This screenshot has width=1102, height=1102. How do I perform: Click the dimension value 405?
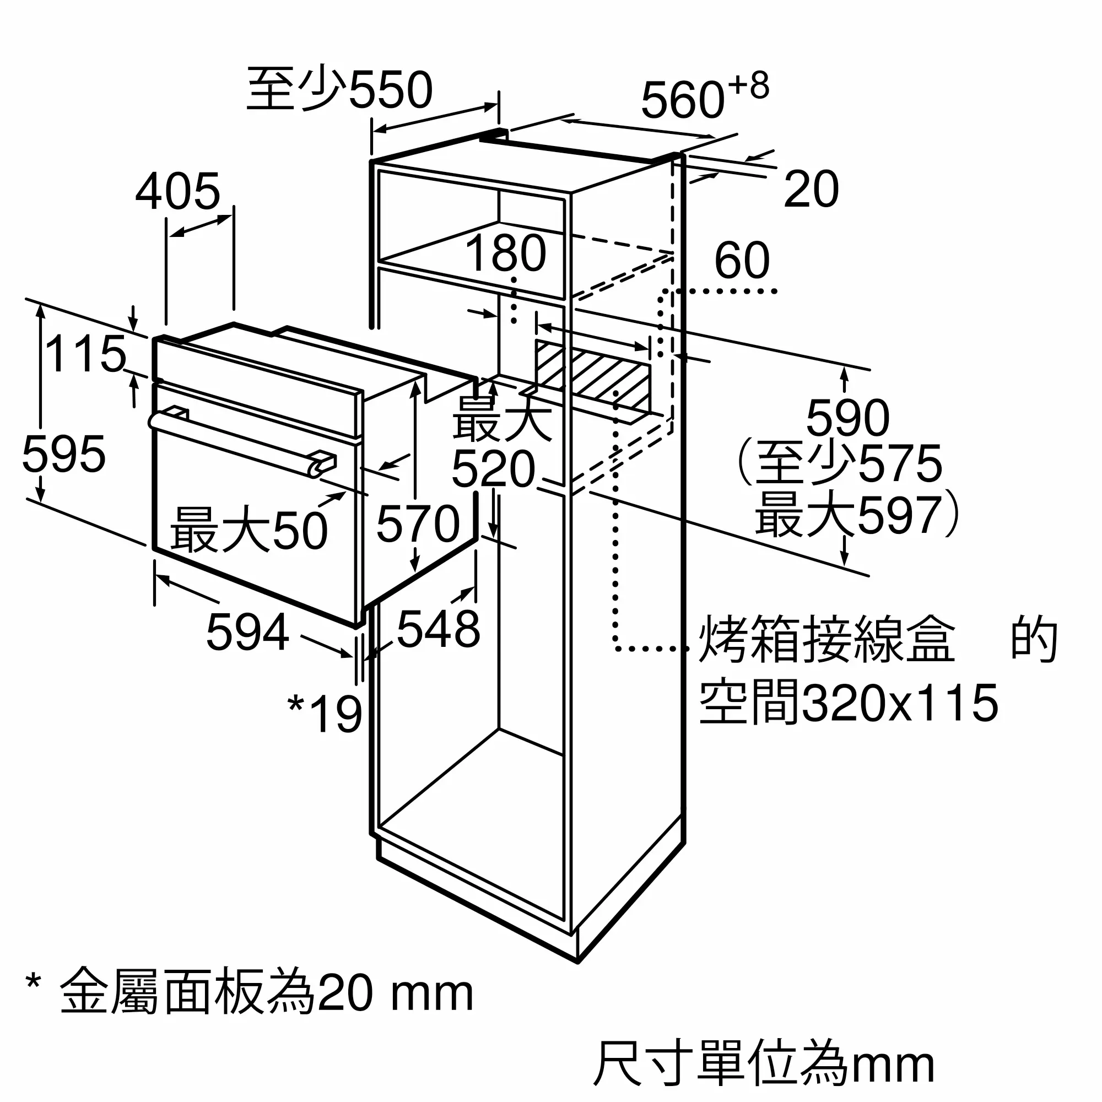(177, 192)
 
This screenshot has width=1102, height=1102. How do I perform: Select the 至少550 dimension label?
(339, 90)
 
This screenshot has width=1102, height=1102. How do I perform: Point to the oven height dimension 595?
(64, 454)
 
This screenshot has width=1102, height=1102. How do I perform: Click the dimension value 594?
(247, 632)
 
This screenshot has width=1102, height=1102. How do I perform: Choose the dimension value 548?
(438, 629)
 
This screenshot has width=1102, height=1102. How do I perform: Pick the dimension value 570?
(418, 523)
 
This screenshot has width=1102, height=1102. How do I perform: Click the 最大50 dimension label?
(249, 530)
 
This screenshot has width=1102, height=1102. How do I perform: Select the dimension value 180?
(505, 253)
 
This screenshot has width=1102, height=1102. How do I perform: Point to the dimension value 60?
(742, 260)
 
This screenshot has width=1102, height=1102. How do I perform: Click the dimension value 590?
(847, 418)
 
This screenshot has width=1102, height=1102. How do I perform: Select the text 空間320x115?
(848, 703)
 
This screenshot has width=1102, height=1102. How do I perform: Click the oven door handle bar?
(240, 440)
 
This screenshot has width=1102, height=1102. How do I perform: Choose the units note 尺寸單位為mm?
(763, 1063)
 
